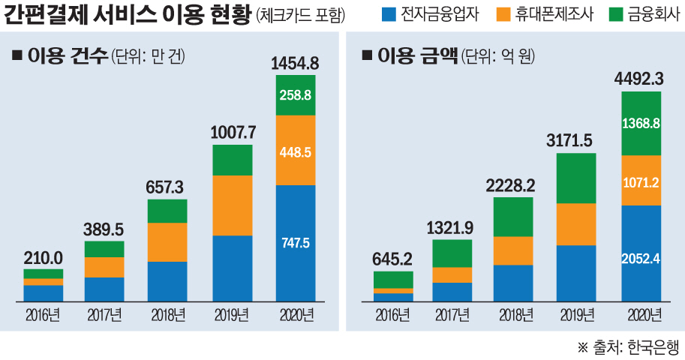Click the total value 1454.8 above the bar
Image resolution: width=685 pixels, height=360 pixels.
295,63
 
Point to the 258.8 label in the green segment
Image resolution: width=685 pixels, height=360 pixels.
295,95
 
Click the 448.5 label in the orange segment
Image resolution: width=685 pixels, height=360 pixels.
295,151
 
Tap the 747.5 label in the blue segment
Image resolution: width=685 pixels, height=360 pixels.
295,243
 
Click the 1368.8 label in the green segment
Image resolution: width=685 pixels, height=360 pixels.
641,123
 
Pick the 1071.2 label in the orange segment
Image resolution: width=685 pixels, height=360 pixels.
641,181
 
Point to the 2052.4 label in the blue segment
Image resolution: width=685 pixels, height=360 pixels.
641,259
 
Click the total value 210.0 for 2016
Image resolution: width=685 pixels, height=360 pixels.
43,257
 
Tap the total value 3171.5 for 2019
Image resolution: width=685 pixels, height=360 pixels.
577,141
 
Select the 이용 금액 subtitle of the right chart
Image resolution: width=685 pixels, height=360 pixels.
417,56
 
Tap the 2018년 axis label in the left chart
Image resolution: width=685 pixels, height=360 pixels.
168,314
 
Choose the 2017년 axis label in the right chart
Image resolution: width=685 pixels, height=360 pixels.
452,314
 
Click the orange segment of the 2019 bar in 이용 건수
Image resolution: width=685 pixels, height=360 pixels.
232,205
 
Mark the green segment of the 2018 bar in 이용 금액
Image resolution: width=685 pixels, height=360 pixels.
514,217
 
